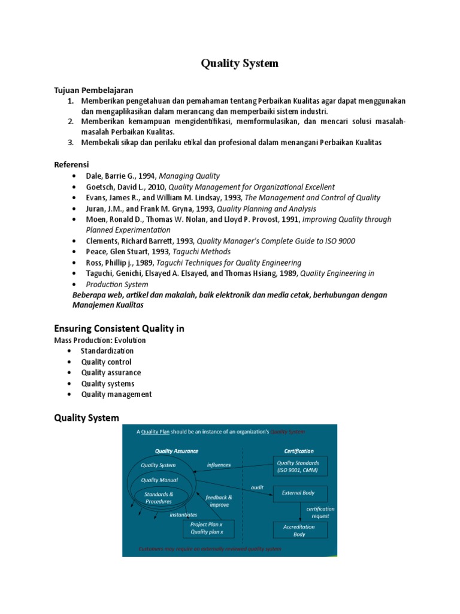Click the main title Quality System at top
pyautogui.click(x=239, y=64)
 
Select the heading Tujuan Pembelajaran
pyautogui.click(x=93, y=90)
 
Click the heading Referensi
pyautogui.click(x=71, y=164)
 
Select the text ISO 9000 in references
pyautogui.click(x=338, y=241)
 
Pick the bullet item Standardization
pyautogui.click(x=107, y=351)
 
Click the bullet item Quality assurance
pyautogui.click(x=111, y=372)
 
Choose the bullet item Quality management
pyautogui.click(x=116, y=394)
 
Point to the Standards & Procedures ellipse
pyautogui.click(x=158, y=497)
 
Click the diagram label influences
pyautogui.click(x=219, y=464)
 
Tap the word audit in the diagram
pyautogui.click(x=257, y=487)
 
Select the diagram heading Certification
pyautogui.click(x=298, y=451)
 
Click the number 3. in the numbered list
pyautogui.click(x=70, y=142)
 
